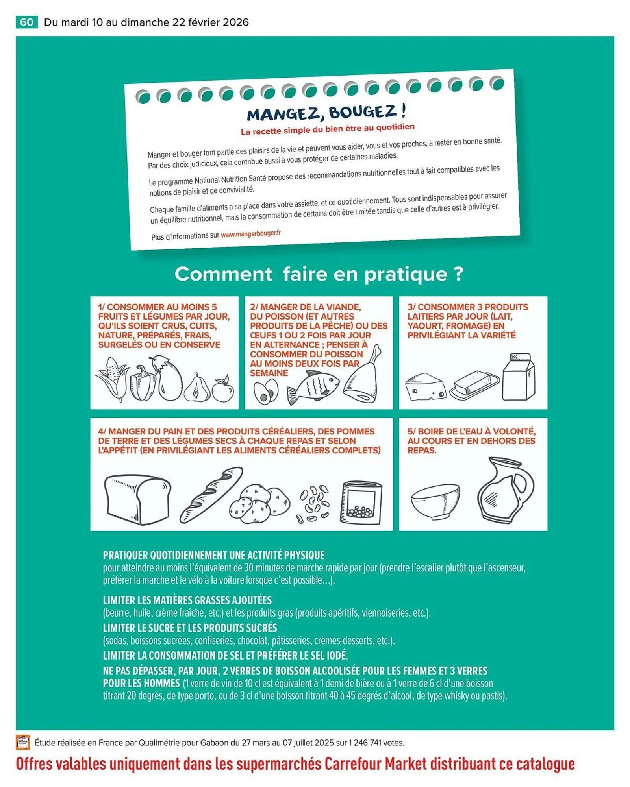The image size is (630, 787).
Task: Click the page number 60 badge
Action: pyautogui.click(x=26, y=22)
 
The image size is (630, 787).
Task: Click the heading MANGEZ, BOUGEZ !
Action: pyautogui.click(x=326, y=113)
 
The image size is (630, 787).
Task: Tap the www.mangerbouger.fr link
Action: pyautogui.click(x=251, y=234)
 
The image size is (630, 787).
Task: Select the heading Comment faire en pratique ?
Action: pyautogui.click(x=319, y=274)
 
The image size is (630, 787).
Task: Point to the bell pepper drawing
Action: pyautogui.click(x=142, y=383)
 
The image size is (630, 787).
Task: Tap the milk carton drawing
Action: pyautogui.click(x=519, y=377)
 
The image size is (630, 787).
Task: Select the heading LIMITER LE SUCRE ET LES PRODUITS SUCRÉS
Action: pyautogui.click(x=190, y=628)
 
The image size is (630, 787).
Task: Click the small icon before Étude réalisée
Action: pyautogui.click(x=23, y=742)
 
